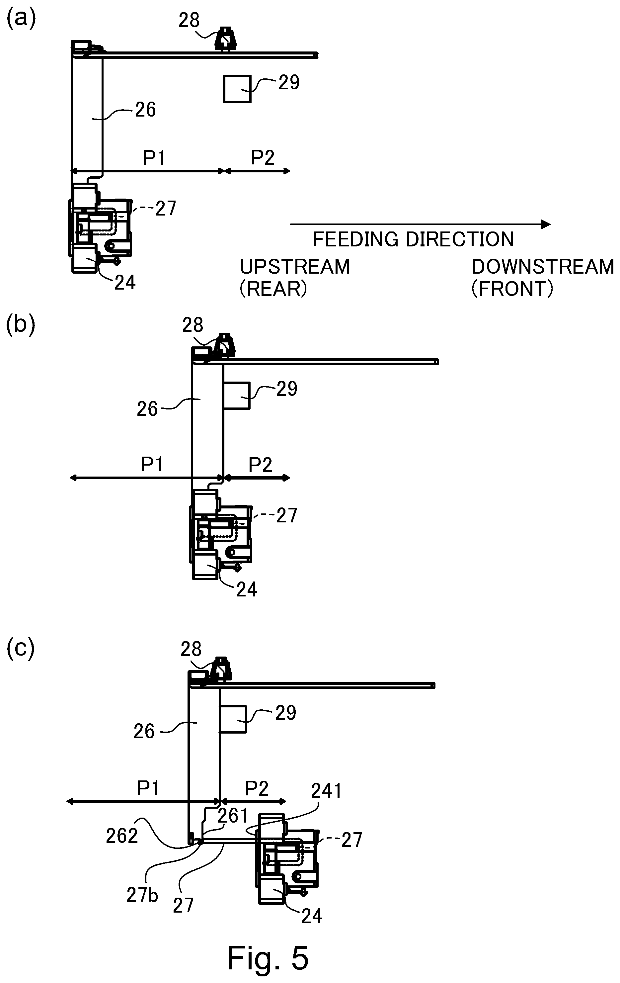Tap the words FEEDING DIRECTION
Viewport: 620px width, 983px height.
[413, 239]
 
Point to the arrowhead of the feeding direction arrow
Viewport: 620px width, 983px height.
[546, 224]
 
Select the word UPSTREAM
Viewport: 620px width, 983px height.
[294, 267]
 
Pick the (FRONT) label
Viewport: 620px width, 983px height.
[512, 289]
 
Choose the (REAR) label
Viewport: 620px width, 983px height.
[273, 289]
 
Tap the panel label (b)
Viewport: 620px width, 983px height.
[21, 325]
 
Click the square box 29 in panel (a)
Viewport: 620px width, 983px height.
[237, 89]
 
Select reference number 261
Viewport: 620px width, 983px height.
[232, 816]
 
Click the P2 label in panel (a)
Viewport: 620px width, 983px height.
[262, 157]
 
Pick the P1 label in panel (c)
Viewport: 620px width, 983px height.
[148, 788]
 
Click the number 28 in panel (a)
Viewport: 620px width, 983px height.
[189, 20]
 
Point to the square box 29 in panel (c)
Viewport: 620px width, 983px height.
[233, 719]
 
